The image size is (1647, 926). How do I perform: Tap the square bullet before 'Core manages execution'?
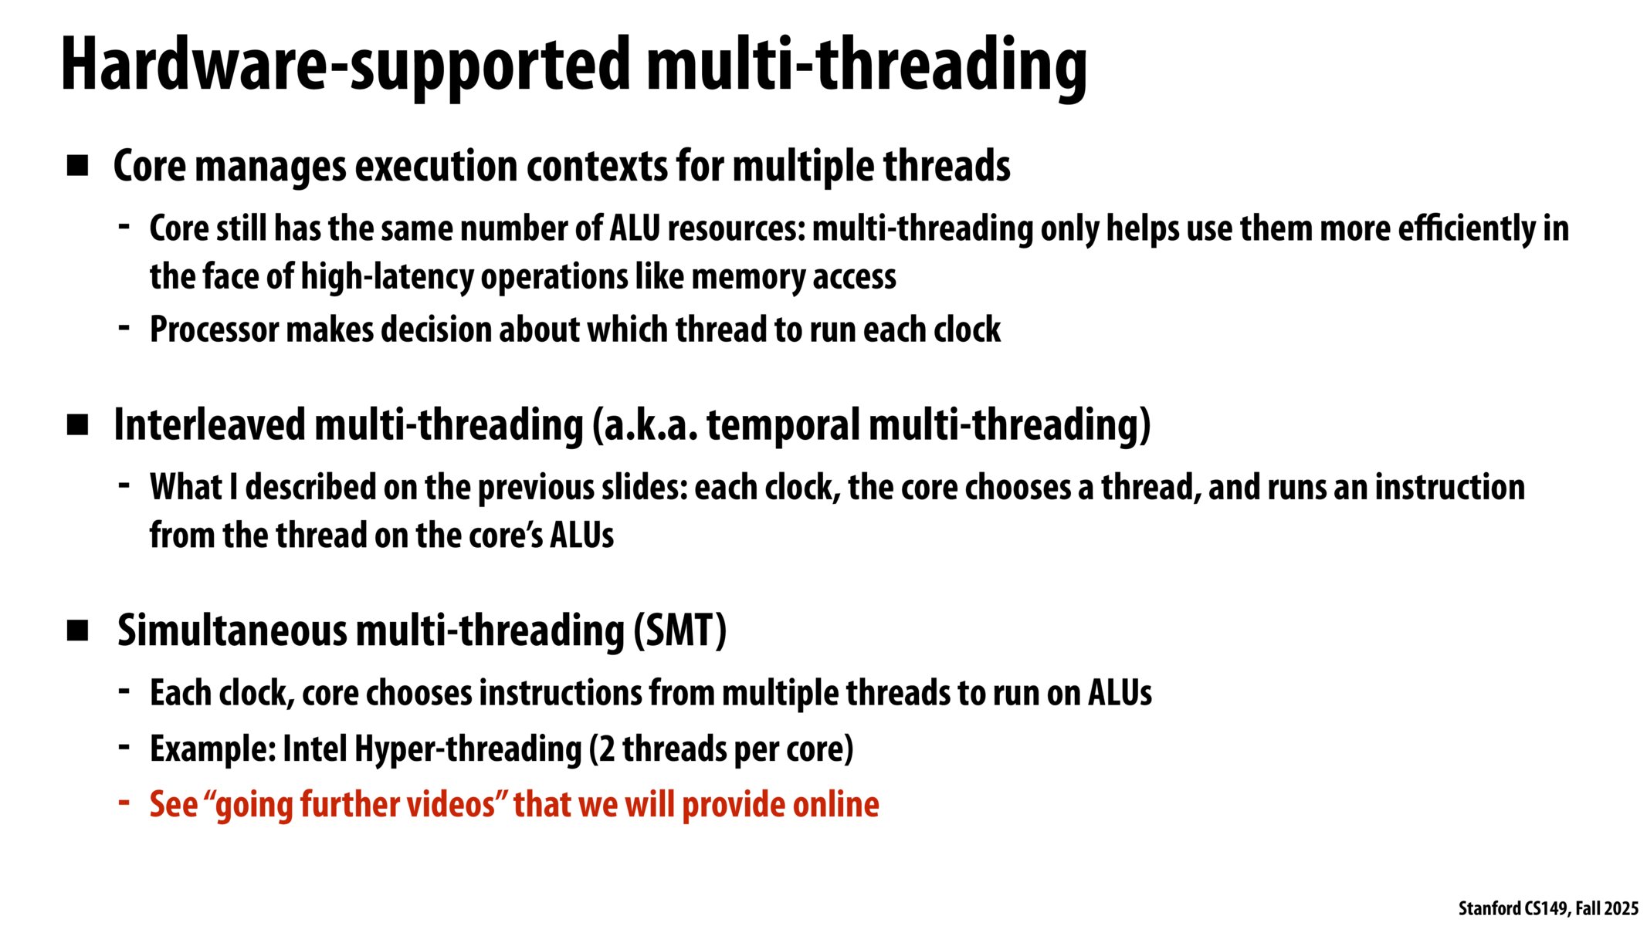click(x=77, y=166)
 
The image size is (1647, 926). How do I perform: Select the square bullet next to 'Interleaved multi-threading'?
click(x=77, y=425)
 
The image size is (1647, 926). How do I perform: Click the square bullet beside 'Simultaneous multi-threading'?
click(x=77, y=630)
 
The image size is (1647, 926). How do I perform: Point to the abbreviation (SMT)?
click(x=679, y=630)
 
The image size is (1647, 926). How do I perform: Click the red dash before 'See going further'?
click(x=124, y=803)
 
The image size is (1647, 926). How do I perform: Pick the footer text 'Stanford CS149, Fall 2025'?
click(x=1547, y=908)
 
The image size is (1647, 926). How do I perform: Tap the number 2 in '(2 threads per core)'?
click(x=606, y=749)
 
